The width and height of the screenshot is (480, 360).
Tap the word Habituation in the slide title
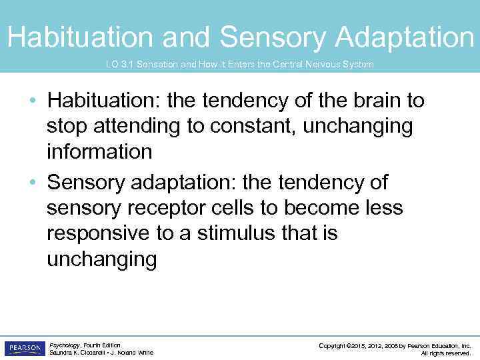79,37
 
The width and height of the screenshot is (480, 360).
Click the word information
99,152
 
